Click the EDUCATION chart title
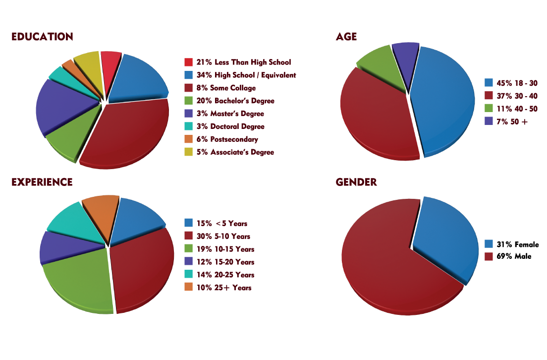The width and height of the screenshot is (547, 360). [x=42, y=37]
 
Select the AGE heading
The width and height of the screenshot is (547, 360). [x=346, y=37]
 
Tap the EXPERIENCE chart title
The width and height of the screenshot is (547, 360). [x=42, y=182]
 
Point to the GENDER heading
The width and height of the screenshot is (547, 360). [x=356, y=182]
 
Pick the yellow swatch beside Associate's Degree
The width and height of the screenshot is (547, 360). [x=188, y=152]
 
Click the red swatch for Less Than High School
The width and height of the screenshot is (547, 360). [x=188, y=62]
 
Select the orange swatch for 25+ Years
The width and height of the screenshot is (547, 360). [x=188, y=287]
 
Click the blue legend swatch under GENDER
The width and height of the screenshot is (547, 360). [x=489, y=243]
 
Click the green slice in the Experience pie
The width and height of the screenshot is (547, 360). [x=79, y=283]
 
